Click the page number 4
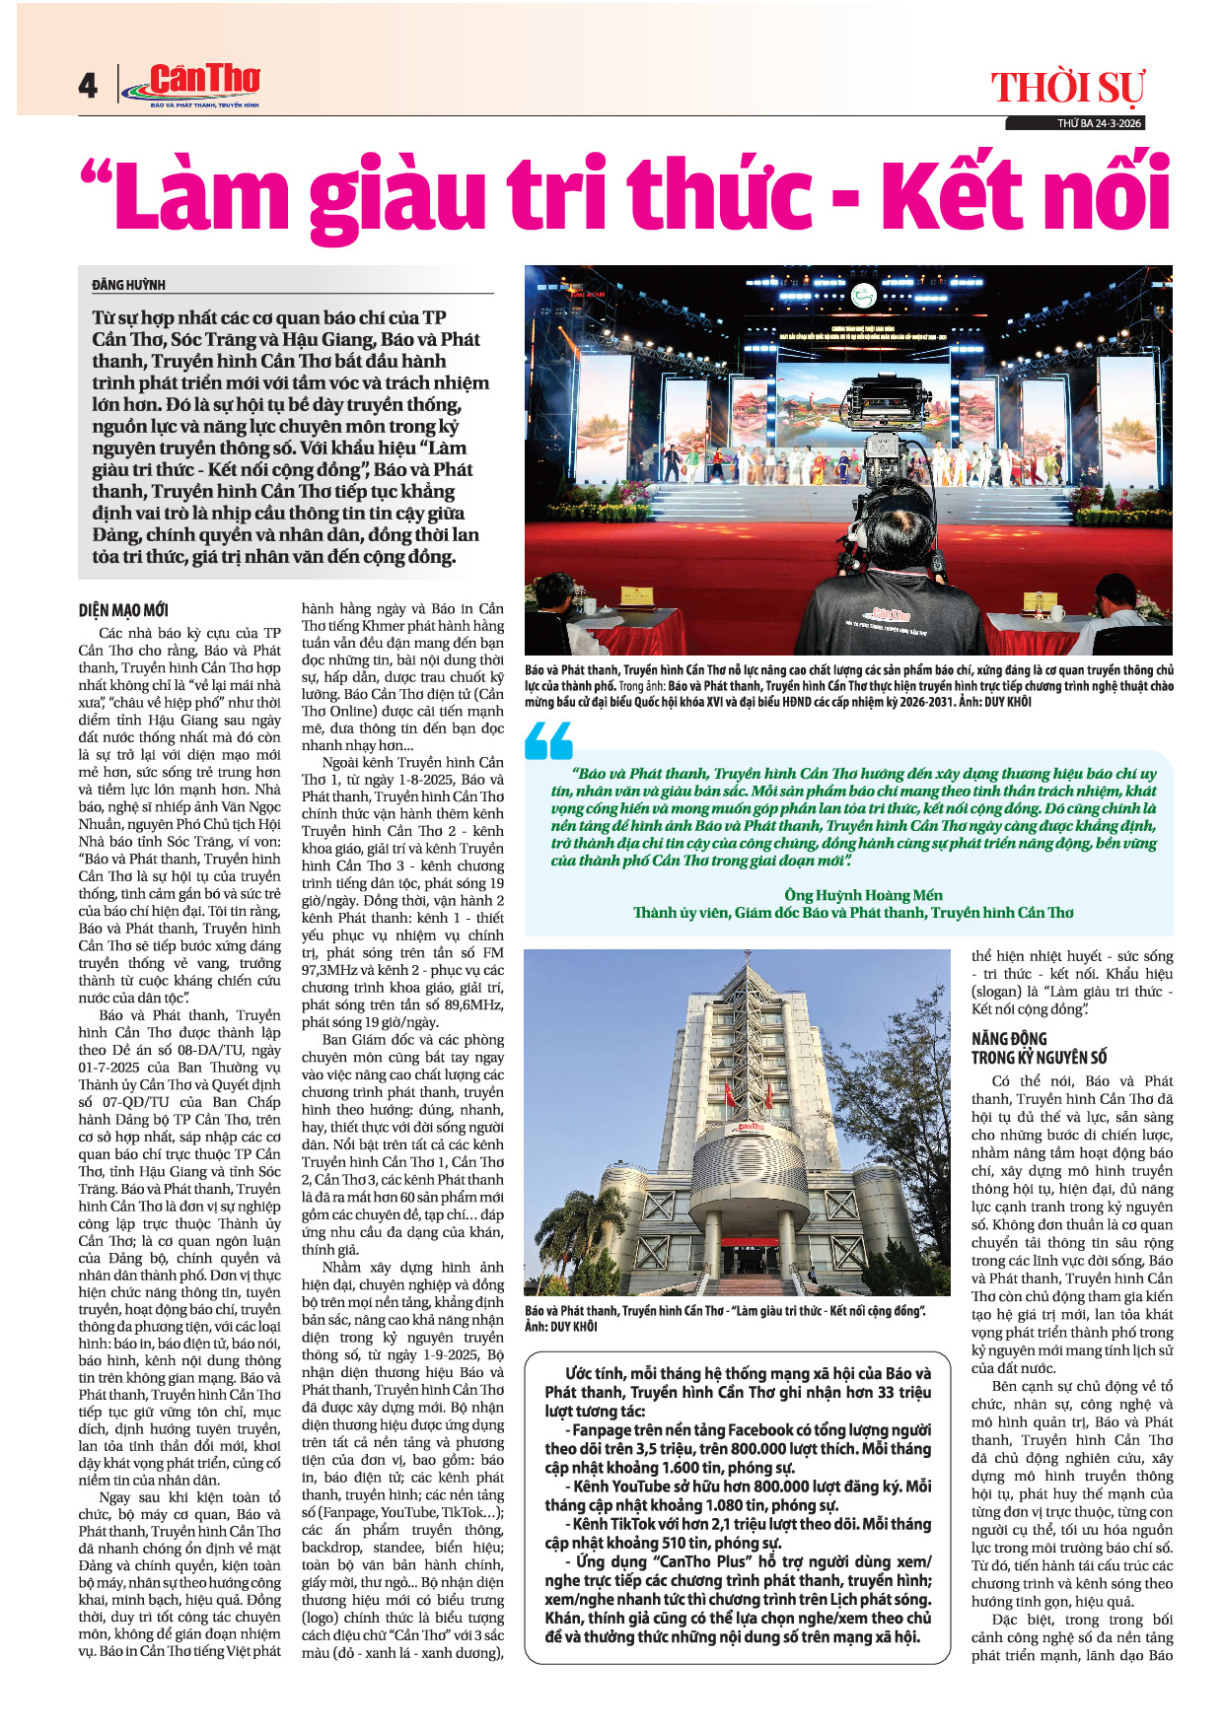(x=88, y=87)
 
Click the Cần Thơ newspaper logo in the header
(x=191, y=84)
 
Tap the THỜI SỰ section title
(x=1067, y=89)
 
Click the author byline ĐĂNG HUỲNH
(x=129, y=285)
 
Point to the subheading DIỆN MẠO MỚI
(x=123, y=610)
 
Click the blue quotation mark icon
(x=549, y=740)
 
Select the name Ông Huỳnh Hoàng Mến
(x=863, y=895)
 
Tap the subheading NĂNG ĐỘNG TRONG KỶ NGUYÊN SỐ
(x=1039, y=1048)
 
